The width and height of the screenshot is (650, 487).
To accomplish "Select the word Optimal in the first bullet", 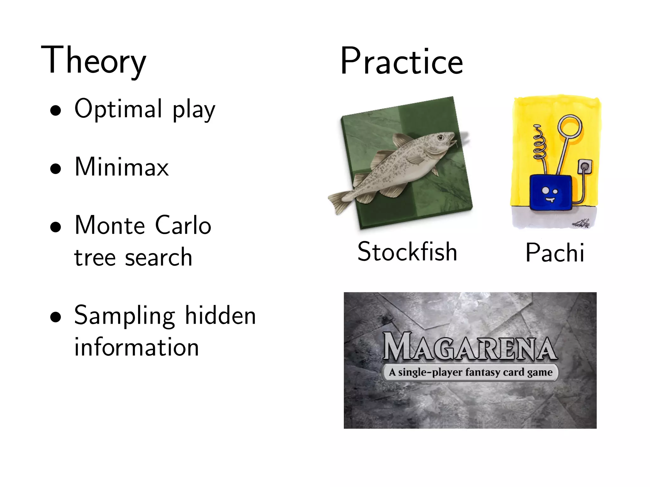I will point(118,109).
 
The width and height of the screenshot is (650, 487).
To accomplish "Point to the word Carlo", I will point(183,225).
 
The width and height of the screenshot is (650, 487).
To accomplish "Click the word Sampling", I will point(124,316).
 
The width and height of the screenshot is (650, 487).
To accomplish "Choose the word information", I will point(136,347).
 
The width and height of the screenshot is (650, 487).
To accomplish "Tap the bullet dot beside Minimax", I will point(56,169).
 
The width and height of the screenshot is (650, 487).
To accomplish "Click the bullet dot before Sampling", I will point(56,317).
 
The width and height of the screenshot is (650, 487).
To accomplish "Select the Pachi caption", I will point(555,253).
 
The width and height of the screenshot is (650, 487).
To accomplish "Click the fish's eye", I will point(441,137).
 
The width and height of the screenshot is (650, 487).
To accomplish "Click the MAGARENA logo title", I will point(470,347).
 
